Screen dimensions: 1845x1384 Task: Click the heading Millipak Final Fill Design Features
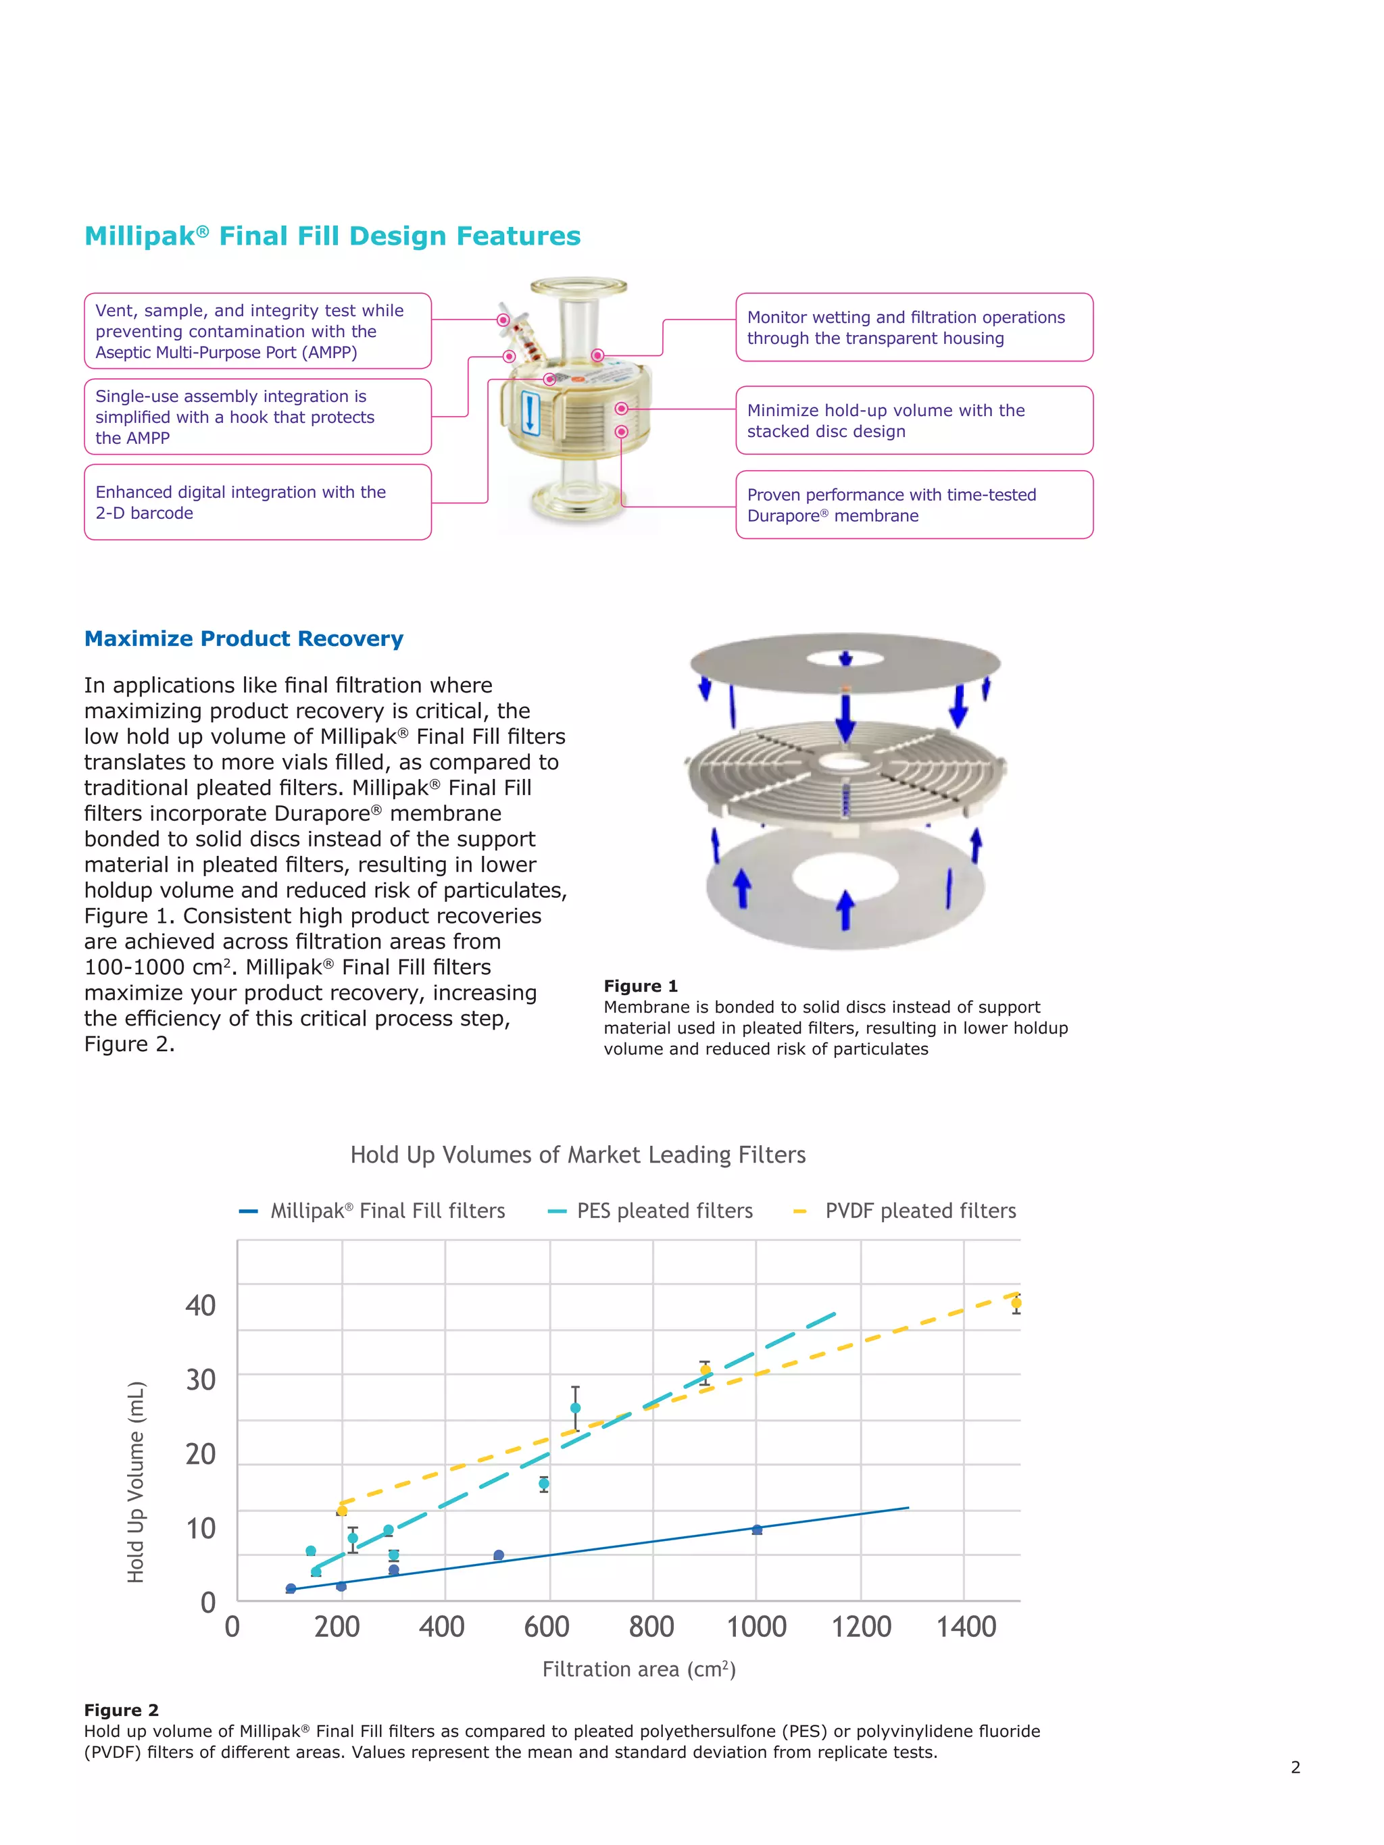[332, 236]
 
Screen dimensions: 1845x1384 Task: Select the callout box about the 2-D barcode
[257, 502]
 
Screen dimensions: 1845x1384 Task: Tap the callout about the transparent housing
[914, 327]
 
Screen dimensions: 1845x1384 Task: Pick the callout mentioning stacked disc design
[914, 420]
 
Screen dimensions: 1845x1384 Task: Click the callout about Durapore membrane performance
[914, 505]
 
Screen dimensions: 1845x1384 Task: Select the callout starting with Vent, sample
[257, 331]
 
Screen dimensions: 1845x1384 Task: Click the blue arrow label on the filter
[529, 413]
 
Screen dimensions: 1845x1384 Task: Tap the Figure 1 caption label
[640, 986]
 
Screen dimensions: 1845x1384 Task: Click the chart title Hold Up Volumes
[577, 1155]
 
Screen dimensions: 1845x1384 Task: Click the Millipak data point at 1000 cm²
[757, 1530]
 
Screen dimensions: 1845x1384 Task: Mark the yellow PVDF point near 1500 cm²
[1015, 1303]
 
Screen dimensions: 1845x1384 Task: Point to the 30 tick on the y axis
[200, 1380]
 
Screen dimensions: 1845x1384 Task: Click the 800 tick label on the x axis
[651, 1627]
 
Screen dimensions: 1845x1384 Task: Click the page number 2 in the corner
[1295, 1767]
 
